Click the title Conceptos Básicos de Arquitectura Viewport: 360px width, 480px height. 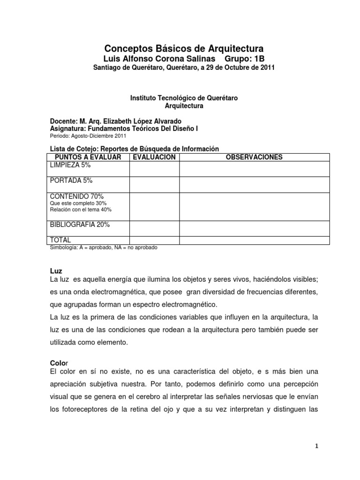coord(183,48)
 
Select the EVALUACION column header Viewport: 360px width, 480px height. coord(154,157)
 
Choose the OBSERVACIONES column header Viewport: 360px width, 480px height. coord(254,157)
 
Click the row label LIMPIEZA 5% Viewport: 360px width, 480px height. coord(70,165)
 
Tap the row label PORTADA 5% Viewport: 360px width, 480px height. coord(69,180)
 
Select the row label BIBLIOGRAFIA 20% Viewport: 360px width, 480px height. coord(80,225)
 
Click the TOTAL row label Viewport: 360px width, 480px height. coord(60,240)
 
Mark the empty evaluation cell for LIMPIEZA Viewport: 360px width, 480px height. coord(154,169)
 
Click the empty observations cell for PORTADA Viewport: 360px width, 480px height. coord(254,184)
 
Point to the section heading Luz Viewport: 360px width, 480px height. coord(56,271)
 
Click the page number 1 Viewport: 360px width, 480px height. coord(316,446)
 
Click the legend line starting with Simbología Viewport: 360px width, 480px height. coord(104,247)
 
